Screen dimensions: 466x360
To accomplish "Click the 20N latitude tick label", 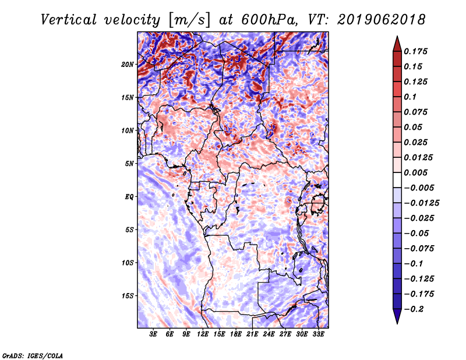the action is click(x=128, y=65).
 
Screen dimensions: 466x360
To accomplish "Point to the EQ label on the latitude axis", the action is click(x=129, y=197).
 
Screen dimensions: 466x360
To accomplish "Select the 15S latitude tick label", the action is click(x=128, y=296).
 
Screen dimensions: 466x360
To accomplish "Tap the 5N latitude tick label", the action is click(x=129, y=164).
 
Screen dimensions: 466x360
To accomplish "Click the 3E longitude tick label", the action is click(x=153, y=334).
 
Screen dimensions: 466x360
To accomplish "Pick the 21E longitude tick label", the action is click(x=252, y=334).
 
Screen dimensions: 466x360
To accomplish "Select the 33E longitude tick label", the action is click(x=318, y=334).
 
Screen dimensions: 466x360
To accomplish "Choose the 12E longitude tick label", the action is click(x=203, y=334).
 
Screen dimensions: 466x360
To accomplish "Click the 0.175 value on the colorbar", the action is click(x=415, y=51).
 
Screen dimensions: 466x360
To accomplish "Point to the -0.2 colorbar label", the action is click(x=414, y=309).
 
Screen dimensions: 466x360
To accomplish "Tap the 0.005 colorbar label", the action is click(x=415, y=172).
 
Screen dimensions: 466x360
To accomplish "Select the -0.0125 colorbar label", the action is click(x=421, y=203).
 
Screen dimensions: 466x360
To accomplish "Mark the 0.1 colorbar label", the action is click(x=410, y=97).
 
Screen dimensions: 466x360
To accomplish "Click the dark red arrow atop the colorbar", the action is click(x=397, y=44).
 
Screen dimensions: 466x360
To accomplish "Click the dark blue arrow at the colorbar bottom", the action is click(x=397, y=316).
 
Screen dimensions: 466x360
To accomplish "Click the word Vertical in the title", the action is click(x=69, y=20).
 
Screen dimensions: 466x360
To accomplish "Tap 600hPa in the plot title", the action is click(x=269, y=20).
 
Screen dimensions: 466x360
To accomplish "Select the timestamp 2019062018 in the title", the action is click(x=382, y=20).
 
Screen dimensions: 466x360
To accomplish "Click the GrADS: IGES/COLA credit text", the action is click(x=33, y=355).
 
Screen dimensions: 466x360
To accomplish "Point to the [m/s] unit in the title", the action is click(x=190, y=20).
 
